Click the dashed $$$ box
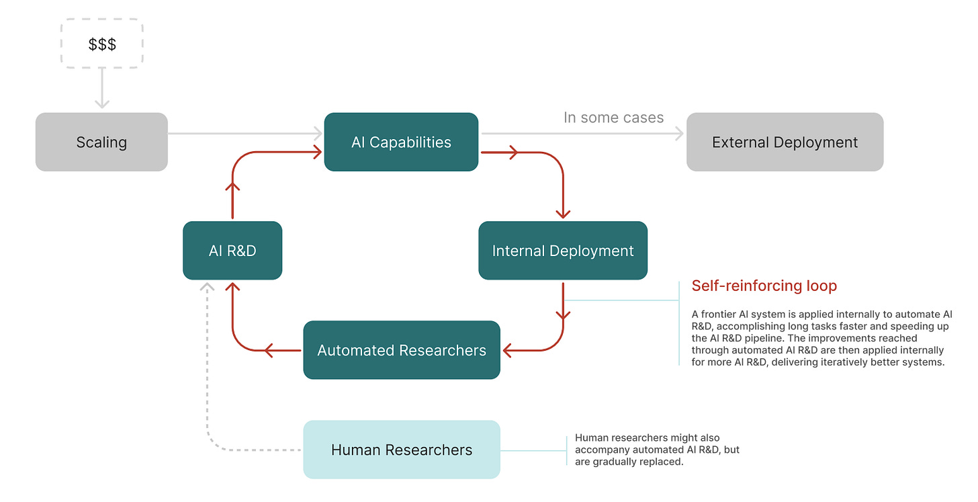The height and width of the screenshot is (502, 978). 102,44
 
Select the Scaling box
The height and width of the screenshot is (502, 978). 101,142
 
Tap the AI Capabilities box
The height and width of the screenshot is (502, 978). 401,142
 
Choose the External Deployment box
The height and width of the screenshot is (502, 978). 785,142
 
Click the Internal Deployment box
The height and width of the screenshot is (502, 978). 563,251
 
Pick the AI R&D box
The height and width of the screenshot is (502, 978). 232,251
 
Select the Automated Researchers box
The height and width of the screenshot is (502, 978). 402,350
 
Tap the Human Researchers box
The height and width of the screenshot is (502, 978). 402,450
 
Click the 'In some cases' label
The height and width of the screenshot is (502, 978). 613,118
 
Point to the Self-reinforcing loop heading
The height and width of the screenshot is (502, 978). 764,286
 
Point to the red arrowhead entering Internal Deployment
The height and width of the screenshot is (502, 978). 563,213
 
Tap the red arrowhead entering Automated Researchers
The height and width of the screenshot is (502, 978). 509,350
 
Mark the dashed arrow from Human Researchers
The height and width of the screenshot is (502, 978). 208,376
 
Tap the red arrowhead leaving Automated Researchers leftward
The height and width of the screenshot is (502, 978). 268,350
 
